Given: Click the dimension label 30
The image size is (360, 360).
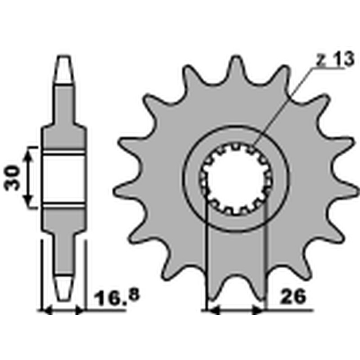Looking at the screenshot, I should [x=13, y=177].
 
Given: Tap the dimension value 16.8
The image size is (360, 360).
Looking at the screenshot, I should [x=117, y=297].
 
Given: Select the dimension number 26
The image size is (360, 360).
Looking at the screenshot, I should [x=293, y=297].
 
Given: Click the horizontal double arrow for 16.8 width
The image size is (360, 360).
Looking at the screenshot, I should [x=63, y=310].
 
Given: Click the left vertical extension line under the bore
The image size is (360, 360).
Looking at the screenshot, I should [x=206, y=256].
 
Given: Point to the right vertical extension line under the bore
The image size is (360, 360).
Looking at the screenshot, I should [x=266, y=256].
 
